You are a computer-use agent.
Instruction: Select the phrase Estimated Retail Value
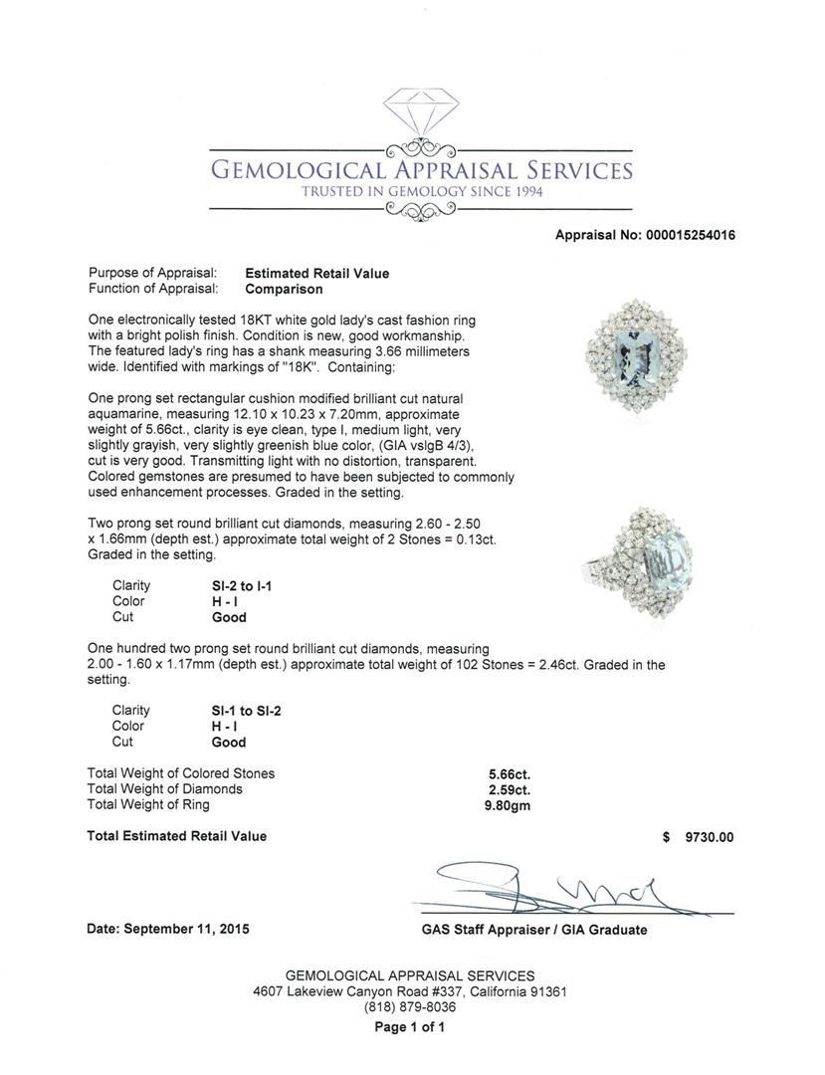317,273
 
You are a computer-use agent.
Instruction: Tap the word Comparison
285,289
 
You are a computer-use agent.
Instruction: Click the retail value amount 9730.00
709,837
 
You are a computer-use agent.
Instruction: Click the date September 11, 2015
168,929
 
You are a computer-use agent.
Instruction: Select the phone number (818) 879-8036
410,1007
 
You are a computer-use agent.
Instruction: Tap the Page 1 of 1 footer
410,1027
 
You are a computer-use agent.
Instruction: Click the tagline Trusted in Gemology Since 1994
422,191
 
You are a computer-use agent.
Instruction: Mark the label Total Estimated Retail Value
177,836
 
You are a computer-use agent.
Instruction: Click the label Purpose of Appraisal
152,273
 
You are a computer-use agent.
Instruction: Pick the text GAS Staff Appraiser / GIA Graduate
533,930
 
